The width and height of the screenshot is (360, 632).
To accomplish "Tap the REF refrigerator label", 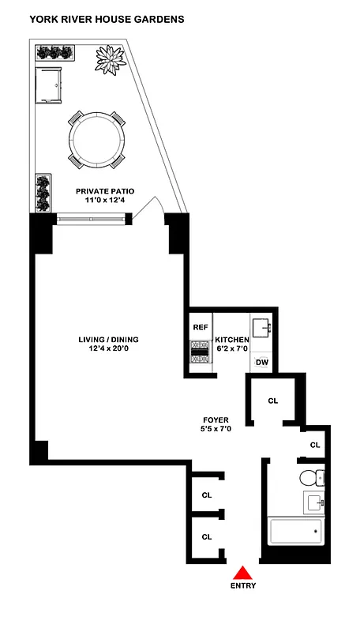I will tap(200, 326).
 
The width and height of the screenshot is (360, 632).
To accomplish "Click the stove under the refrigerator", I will tap(200, 353).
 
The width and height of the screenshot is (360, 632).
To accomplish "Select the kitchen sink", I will tap(263, 326).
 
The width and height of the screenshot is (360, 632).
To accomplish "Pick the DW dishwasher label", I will tap(262, 363).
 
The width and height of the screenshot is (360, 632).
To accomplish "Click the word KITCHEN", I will tap(232, 340).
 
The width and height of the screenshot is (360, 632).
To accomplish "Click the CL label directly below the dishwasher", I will tap(273, 401).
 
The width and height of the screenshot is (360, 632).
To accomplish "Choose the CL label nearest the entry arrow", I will tap(207, 536).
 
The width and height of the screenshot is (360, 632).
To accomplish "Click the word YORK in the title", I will tap(45, 17).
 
